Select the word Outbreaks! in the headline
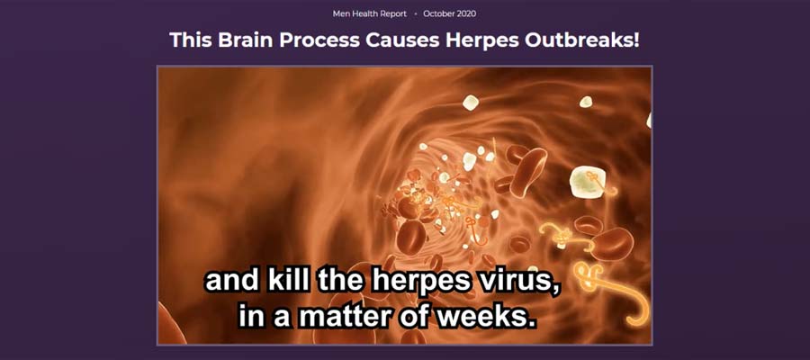click(x=582, y=40)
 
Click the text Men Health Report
click(x=369, y=13)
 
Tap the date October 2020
click(x=449, y=13)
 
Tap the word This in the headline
click(x=191, y=40)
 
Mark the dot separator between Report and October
click(x=415, y=13)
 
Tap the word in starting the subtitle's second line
click(x=253, y=317)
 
